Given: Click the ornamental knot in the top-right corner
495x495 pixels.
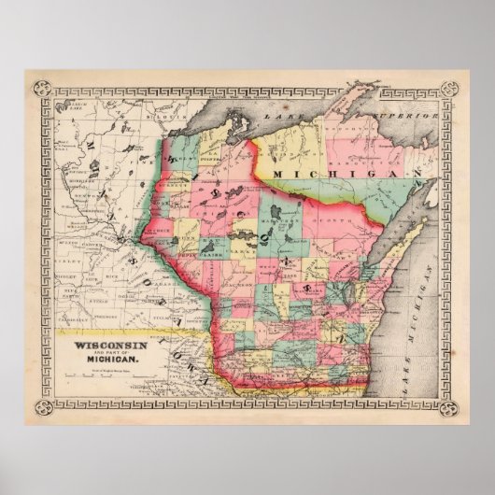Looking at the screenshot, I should pos(446,91).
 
